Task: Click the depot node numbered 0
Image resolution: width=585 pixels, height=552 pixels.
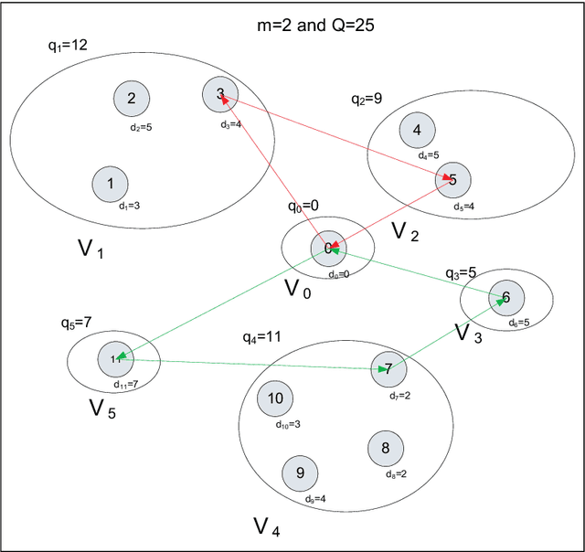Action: click(x=326, y=248)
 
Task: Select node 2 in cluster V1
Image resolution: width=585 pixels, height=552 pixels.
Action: click(x=132, y=99)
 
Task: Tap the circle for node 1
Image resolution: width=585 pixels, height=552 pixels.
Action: click(x=111, y=184)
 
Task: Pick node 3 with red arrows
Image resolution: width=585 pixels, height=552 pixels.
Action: click(x=219, y=93)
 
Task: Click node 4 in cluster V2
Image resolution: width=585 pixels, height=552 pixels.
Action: click(x=417, y=131)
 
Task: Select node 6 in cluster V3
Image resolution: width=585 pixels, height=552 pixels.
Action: click(x=506, y=297)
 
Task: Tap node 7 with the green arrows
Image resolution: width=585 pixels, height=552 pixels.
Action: click(x=388, y=369)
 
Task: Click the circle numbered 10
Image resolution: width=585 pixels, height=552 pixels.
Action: click(x=275, y=398)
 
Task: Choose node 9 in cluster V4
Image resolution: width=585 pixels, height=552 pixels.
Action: click(x=300, y=472)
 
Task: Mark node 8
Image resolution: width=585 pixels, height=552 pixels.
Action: click(x=385, y=448)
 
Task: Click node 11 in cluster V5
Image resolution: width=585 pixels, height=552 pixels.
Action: click(x=115, y=358)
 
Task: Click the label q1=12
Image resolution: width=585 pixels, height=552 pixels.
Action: click(x=68, y=43)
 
